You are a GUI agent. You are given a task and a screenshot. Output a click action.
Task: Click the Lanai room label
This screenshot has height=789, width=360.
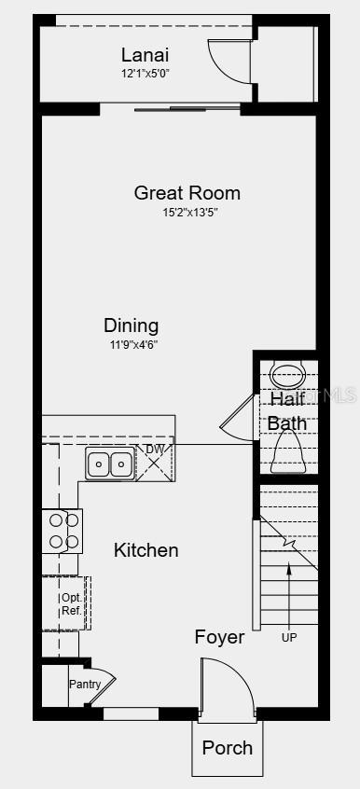145,55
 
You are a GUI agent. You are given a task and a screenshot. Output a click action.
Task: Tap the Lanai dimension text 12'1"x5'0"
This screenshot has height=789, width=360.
145,73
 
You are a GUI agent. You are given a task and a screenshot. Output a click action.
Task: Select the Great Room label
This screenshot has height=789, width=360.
187,193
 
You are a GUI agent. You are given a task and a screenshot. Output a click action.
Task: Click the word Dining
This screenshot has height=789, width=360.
131,325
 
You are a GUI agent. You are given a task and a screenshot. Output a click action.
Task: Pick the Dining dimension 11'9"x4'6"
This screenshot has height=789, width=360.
131,344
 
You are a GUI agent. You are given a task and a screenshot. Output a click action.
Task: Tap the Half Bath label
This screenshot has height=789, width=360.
287,410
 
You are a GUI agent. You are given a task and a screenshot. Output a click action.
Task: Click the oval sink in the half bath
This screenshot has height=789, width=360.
287,376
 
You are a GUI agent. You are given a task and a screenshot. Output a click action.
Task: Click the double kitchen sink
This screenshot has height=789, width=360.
110,463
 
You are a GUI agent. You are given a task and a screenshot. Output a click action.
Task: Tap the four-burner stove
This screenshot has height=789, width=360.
62,531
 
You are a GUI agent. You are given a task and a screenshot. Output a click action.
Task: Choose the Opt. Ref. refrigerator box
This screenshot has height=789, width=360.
70,603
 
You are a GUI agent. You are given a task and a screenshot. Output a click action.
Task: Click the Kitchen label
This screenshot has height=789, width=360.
145,550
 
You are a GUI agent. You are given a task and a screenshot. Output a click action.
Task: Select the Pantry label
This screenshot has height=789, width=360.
83,684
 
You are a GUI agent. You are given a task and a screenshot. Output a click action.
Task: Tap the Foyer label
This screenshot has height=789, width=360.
219,637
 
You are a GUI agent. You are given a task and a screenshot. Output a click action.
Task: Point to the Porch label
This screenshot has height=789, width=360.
227,747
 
